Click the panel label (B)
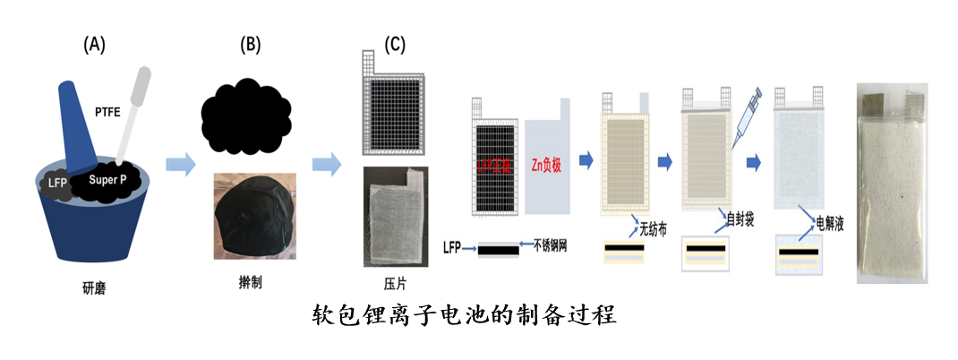tap(250, 44)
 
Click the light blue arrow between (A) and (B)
tap(181, 164)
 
